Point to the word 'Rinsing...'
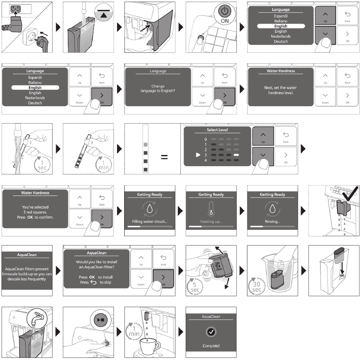(x=272, y=222)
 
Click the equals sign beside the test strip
(x=164, y=157)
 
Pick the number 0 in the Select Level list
(x=205, y=139)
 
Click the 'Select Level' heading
(x=217, y=130)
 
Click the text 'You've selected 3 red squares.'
(x=36, y=209)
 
